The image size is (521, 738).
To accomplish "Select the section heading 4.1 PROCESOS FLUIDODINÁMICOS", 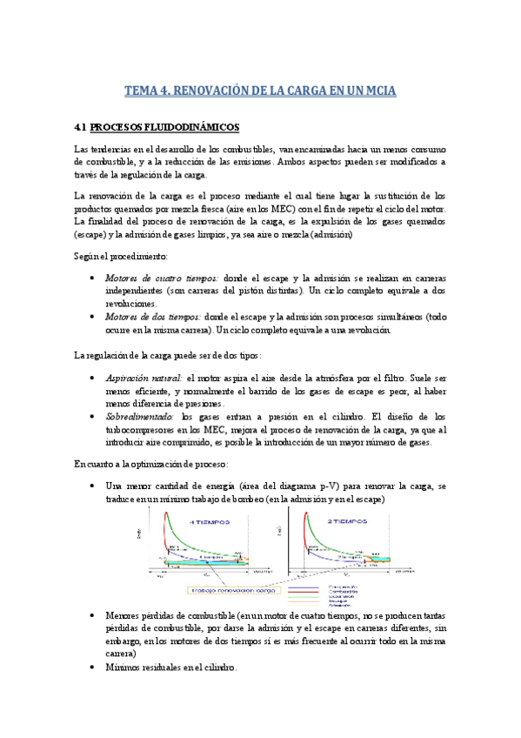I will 157,127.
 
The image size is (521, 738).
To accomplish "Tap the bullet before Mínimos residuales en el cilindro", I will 93,667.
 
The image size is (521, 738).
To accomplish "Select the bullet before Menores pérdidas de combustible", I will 93,615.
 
